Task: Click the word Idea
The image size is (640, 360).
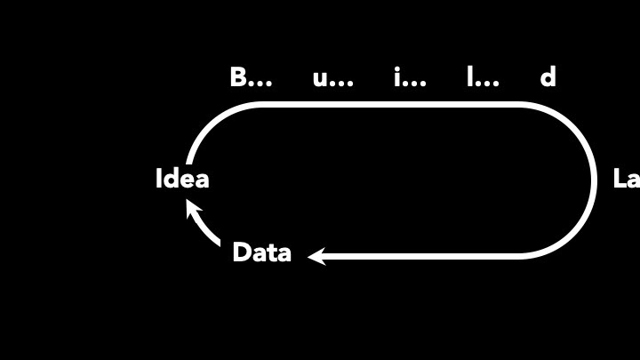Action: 182,179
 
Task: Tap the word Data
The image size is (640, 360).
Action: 261,253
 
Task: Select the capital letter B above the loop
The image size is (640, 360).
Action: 238,77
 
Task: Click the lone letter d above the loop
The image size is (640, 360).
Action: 548,77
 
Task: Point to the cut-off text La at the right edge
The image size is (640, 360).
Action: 626,179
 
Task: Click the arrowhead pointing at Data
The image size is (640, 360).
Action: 316,256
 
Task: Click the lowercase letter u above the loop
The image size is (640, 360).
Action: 321,79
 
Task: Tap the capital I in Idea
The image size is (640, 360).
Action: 160,179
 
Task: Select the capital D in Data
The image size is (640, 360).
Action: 241,253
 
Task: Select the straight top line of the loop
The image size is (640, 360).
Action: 391,105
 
